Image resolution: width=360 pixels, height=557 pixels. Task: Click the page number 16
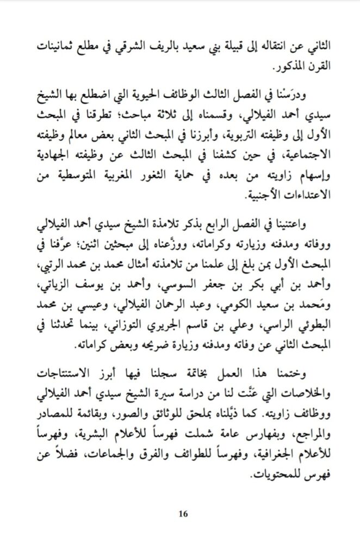pos(182,513)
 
